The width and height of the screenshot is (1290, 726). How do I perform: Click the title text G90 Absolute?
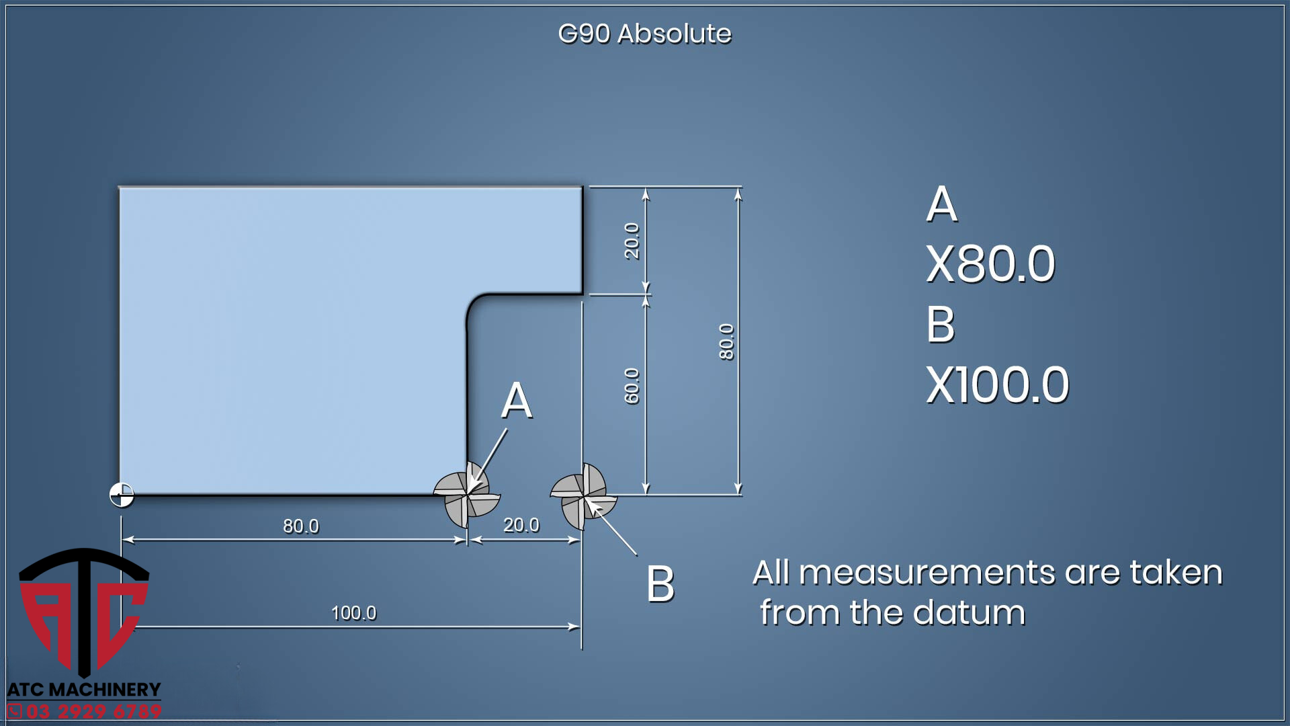pyautogui.click(x=644, y=34)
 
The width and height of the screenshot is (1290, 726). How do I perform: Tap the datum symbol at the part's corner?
pyautogui.click(x=122, y=495)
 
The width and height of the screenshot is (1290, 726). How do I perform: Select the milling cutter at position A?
pyautogui.click(x=466, y=495)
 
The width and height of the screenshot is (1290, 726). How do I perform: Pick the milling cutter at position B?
pyautogui.click(x=583, y=497)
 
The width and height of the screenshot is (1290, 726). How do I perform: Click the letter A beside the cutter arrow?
pyautogui.click(x=517, y=401)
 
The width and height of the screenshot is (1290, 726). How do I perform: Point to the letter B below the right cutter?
pyautogui.click(x=660, y=583)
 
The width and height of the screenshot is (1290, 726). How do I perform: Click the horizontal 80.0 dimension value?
pyautogui.click(x=300, y=526)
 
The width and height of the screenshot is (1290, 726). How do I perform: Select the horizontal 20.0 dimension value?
pyautogui.click(x=521, y=525)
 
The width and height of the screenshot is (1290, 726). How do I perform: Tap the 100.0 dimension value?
pyautogui.click(x=353, y=613)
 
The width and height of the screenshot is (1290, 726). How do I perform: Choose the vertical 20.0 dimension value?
pyautogui.click(x=632, y=241)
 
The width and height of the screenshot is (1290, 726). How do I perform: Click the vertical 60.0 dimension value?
pyautogui.click(x=632, y=386)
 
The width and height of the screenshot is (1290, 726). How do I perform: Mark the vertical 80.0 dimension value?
pyautogui.click(x=726, y=341)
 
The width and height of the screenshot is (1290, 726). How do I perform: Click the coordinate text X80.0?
pyautogui.click(x=990, y=264)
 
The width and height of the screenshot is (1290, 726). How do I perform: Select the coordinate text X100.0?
pyautogui.click(x=997, y=385)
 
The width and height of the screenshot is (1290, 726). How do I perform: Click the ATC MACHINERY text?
pyautogui.click(x=84, y=690)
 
